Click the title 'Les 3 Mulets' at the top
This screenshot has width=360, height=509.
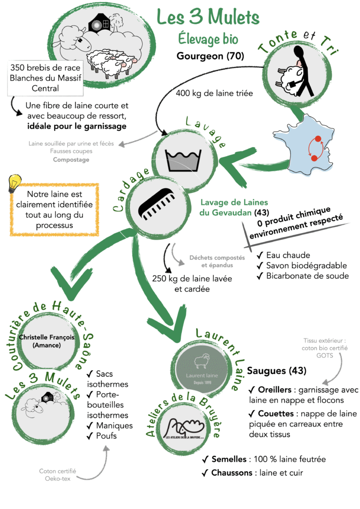(x=208, y=16)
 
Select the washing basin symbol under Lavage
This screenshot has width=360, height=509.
(x=183, y=159)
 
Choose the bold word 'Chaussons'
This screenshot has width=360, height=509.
(x=232, y=473)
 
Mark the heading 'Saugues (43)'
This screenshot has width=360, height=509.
(x=276, y=371)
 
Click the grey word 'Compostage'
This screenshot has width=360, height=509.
(x=71, y=160)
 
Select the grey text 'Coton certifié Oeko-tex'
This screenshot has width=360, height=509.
(x=60, y=475)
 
